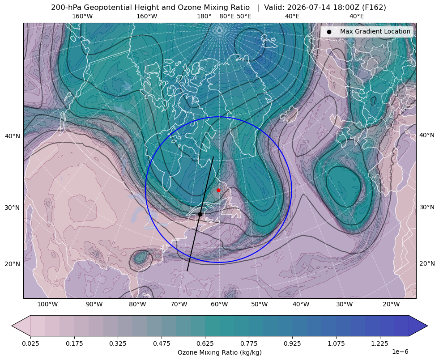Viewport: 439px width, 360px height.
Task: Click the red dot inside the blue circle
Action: [218, 190]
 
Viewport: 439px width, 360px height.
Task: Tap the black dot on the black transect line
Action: [200, 214]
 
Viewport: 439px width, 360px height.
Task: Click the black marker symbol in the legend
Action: [329, 32]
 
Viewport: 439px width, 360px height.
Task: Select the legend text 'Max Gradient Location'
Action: [375, 31]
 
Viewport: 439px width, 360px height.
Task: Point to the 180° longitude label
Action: [204, 16]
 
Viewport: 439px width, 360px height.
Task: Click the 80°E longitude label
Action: [226, 16]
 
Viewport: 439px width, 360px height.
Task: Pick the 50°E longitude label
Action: [244, 16]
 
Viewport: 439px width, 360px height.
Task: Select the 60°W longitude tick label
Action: [219, 304]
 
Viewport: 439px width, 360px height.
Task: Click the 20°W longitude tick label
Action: [391, 304]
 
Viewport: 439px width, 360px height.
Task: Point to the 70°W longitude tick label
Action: [179, 304]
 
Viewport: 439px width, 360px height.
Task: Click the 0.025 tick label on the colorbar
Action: [30, 343]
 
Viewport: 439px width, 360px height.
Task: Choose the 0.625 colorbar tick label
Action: [205, 343]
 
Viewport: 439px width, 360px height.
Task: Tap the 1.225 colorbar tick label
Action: [379, 343]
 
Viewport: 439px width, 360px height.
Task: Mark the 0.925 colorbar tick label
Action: [292, 343]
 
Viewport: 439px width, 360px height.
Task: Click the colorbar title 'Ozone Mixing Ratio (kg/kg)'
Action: [219, 352]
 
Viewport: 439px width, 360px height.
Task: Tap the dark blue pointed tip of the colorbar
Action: [426, 326]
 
